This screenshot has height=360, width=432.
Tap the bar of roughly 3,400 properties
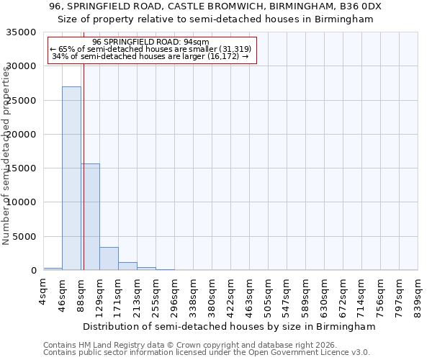(x=109, y=258)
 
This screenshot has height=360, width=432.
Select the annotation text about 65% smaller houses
(x=150, y=50)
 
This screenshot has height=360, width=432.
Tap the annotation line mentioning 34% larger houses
(x=150, y=57)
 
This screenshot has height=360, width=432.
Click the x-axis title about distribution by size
(x=229, y=327)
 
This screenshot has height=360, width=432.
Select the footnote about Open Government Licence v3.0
(x=207, y=353)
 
